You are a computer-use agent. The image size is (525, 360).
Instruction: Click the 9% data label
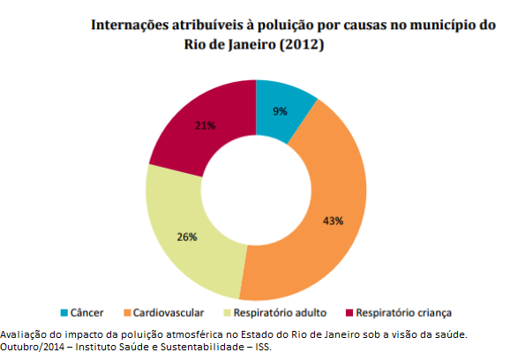click(280, 111)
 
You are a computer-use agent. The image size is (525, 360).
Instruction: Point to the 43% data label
click(332, 220)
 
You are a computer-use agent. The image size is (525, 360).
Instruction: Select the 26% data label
click(186, 236)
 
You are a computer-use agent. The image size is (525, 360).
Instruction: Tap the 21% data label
click(205, 125)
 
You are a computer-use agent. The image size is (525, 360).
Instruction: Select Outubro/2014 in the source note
click(32, 347)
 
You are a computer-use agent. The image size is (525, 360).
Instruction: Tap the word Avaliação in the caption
click(24, 334)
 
